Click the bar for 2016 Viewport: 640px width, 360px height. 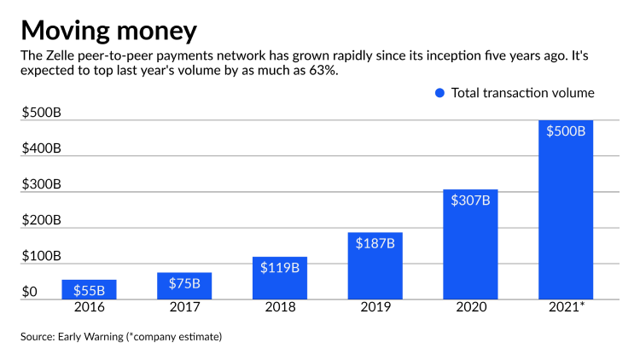pos(89,289)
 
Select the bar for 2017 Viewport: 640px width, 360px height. pos(184,286)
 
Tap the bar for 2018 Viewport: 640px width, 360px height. pos(280,277)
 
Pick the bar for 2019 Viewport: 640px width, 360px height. pos(375,265)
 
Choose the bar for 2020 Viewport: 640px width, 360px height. pos(470,244)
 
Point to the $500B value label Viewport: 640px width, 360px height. pos(566,131)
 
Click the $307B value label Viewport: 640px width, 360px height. pos(470,200)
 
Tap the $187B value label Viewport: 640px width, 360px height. pos(375,243)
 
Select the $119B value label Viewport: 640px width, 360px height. pos(280,267)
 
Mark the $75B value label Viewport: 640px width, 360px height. pos(184,283)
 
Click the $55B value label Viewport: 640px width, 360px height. pos(89,290)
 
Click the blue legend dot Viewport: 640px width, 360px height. pos(439,93)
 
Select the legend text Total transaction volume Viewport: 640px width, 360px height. pos(522,93)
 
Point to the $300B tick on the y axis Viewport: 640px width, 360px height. pos(41,184)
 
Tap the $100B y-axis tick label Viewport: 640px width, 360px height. pos(41,256)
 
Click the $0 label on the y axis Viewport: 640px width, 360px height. pos(30,292)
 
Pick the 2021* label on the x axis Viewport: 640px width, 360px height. pos(567,306)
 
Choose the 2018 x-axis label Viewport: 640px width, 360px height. pos(280,306)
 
